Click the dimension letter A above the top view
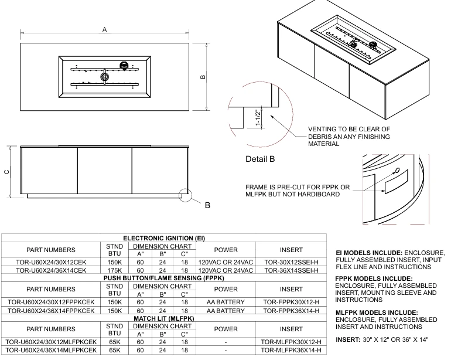105,29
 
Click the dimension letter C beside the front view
6,171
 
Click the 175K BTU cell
115,270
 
